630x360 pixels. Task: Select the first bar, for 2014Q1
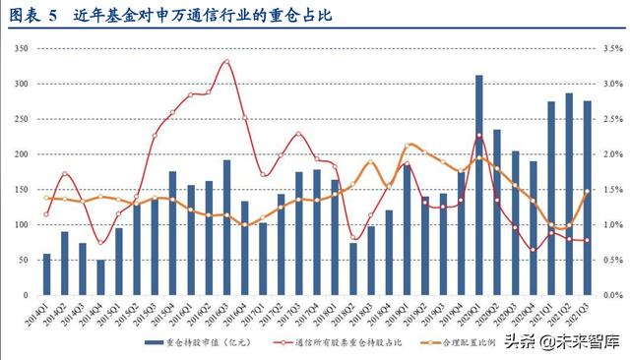[46, 274]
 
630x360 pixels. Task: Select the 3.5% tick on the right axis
[611, 47]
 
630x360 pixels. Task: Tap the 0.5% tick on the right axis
[611, 261]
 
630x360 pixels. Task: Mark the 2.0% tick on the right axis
[611, 154]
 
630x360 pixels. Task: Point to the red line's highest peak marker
[227, 61]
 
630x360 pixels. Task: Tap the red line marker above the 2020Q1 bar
[478, 135]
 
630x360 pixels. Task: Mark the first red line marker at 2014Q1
[46, 214]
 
